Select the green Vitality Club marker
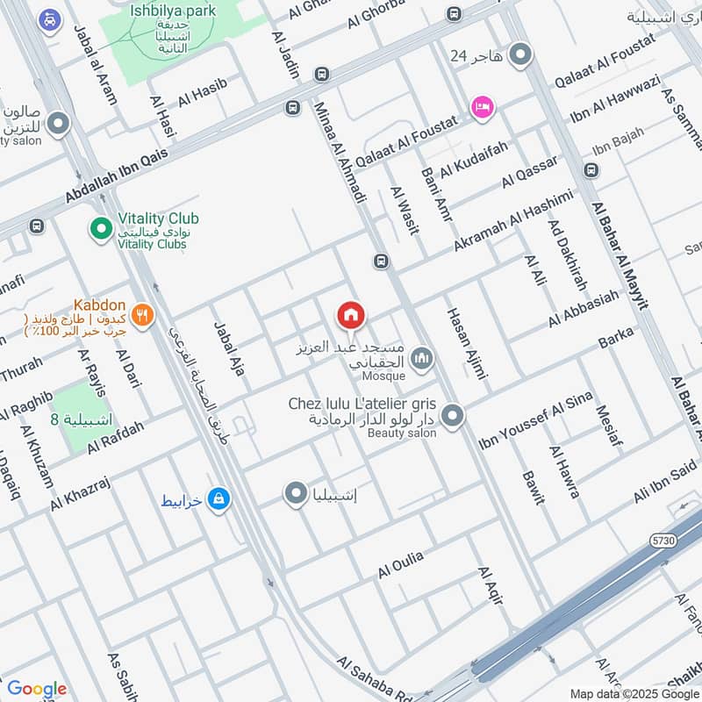(101, 230)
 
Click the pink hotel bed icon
(483, 107)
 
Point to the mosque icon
(423, 357)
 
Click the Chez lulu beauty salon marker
(452, 416)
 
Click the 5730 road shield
(663, 541)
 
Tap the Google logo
(36, 689)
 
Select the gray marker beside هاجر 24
(521, 55)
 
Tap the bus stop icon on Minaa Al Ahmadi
(381, 261)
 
